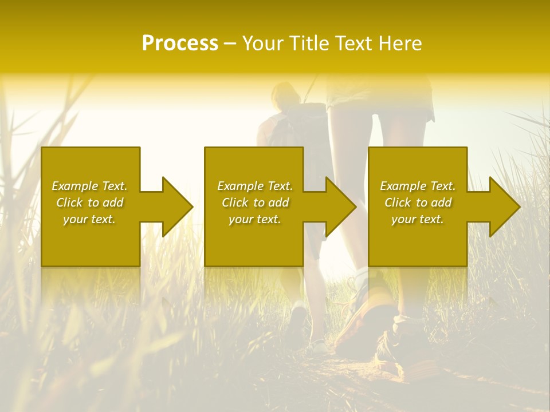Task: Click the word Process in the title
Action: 180,43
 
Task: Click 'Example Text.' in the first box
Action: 89,186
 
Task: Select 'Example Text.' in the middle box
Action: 255,186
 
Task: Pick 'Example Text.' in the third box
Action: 418,186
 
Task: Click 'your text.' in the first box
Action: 89,219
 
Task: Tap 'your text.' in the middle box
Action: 255,219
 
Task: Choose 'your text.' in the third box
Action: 418,219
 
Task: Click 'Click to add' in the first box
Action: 89,203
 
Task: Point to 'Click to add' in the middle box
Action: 255,203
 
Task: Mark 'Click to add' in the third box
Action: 418,203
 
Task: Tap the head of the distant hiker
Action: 285,94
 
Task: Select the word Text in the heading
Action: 351,43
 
